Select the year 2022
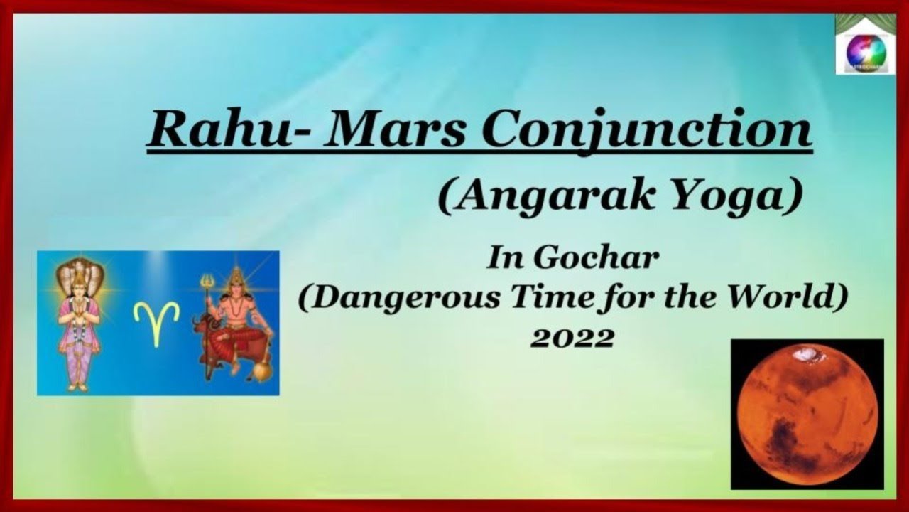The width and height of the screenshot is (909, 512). pos(572,338)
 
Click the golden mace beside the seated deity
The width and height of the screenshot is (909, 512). pos(260,369)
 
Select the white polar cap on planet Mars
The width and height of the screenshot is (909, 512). pos(806,352)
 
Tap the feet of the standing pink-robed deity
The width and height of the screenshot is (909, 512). pos(79,386)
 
